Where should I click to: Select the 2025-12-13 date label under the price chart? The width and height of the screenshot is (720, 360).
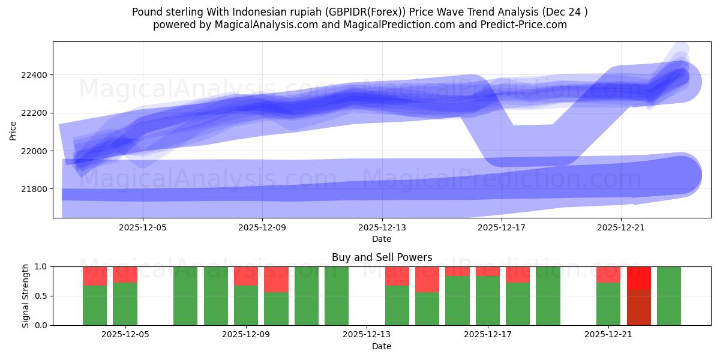(382, 228)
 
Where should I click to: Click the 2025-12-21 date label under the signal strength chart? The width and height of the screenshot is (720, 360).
(609, 335)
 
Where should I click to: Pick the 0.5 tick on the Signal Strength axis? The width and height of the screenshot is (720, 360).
(41, 296)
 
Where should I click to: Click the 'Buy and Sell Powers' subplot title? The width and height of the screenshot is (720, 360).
(382, 257)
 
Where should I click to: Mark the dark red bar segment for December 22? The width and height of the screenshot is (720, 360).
(639, 307)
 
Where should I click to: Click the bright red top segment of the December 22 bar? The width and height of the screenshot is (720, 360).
(639, 278)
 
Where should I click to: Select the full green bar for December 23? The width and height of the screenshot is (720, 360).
(669, 296)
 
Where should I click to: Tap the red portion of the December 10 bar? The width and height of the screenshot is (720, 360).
(276, 279)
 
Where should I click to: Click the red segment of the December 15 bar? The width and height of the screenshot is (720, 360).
(427, 279)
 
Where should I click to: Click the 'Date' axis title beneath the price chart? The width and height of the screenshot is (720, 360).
(382, 239)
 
